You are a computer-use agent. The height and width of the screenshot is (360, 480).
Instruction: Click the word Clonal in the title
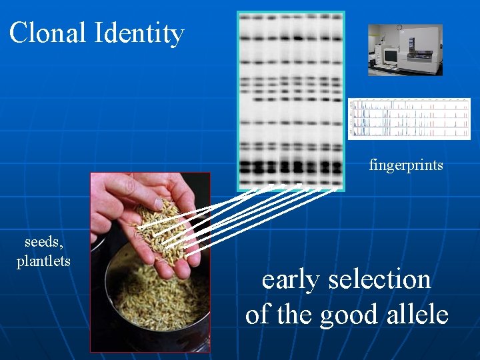[x=48, y=33]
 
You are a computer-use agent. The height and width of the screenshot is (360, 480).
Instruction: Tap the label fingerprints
[x=406, y=165]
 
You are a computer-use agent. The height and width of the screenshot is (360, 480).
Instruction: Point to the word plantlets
[x=43, y=261]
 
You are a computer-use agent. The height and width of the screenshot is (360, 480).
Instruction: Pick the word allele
[x=416, y=314]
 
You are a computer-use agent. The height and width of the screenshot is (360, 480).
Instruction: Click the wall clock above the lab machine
[x=399, y=28]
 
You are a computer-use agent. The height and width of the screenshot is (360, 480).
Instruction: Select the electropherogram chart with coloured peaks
[x=409, y=119]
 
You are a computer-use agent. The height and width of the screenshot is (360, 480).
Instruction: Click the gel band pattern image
[x=291, y=100]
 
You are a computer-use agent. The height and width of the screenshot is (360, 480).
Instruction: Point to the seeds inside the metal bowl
[x=157, y=300]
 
